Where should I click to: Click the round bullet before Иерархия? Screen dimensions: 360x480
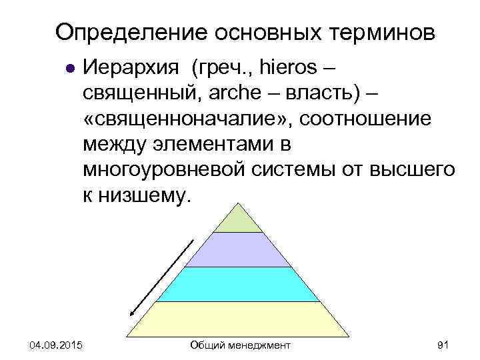68,68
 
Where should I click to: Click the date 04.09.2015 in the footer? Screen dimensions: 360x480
56,345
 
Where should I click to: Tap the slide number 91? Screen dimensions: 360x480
443,345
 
